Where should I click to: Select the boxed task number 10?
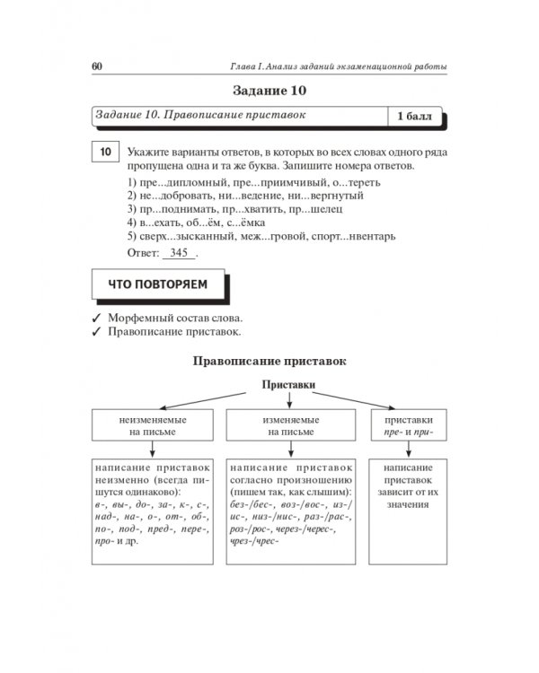pyautogui.click(x=105, y=153)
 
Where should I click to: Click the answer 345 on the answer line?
pyautogui.click(x=178, y=253)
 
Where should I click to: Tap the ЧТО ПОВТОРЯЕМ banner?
pyautogui.click(x=157, y=284)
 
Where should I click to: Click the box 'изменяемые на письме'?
pyautogui.click(x=288, y=425)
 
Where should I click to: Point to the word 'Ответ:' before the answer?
pyautogui.click(x=143, y=253)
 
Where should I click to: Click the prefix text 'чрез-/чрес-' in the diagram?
pyautogui.click(x=254, y=542)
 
